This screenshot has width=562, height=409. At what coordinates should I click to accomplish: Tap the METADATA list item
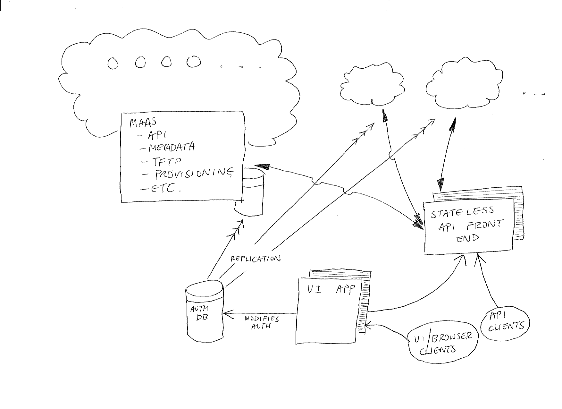coord(171,148)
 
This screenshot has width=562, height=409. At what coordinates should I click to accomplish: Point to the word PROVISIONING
coord(194,174)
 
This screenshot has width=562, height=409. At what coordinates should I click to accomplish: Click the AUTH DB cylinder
coord(205,313)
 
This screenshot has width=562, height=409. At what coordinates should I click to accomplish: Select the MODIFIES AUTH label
coord(261,322)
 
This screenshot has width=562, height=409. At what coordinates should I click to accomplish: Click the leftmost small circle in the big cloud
coord(113,63)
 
